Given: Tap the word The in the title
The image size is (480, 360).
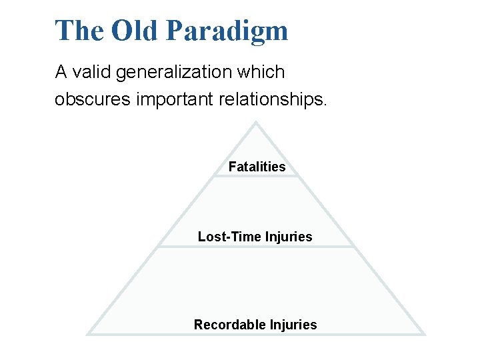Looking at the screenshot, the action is point(80,31).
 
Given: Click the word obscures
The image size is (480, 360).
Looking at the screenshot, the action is point(93,99).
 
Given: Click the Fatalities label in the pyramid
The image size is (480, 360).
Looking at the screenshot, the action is point(257,167).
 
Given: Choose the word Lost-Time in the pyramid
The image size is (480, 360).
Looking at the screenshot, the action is point(229,237).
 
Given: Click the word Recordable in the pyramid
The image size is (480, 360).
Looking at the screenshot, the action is point(229,325).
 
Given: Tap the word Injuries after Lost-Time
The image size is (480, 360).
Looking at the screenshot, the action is point(288,237).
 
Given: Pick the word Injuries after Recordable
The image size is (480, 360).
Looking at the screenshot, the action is point(293,325).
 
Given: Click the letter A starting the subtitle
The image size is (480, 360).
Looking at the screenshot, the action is point(61,72).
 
